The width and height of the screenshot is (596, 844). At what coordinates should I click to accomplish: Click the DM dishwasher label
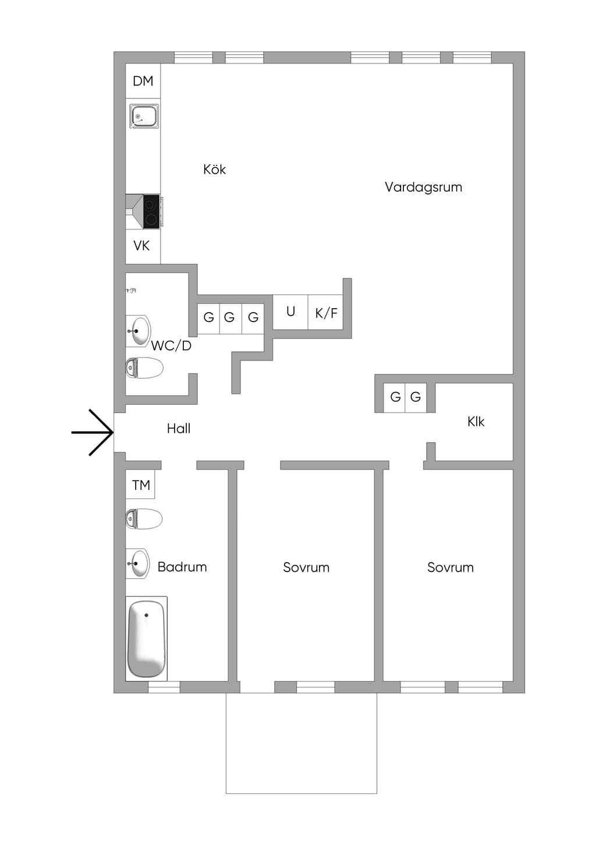click(143, 81)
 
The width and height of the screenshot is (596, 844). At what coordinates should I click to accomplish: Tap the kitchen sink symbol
click(144, 117)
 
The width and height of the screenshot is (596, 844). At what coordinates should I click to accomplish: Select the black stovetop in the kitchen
click(152, 211)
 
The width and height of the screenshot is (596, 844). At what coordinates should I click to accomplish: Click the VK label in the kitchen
click(141, 246)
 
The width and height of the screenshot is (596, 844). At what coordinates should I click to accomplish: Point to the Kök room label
click(214, 169)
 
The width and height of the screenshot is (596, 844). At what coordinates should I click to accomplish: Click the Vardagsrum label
click(423, 187)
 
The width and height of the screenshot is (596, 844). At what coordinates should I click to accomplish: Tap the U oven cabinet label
click(290, 311)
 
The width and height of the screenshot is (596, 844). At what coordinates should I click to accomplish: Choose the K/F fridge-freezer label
click(326, 313)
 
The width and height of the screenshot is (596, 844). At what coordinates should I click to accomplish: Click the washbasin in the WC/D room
click(138, 331)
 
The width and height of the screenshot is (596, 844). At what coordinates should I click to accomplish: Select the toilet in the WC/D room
click(144, 368)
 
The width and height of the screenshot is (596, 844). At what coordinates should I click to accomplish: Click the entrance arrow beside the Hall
click(93, 433)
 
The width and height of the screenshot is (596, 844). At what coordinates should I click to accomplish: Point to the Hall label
click(179, 428)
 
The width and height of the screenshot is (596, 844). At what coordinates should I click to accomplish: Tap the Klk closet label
click(476, 422)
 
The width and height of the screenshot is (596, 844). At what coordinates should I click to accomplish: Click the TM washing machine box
click(140, 484)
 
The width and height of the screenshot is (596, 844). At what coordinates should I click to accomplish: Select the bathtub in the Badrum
click(146, 639)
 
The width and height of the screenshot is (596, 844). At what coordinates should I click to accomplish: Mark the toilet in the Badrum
click(144, 518)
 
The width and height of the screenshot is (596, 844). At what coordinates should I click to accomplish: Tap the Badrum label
click(182, 567)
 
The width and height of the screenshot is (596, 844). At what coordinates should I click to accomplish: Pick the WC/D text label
click(171, 345)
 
